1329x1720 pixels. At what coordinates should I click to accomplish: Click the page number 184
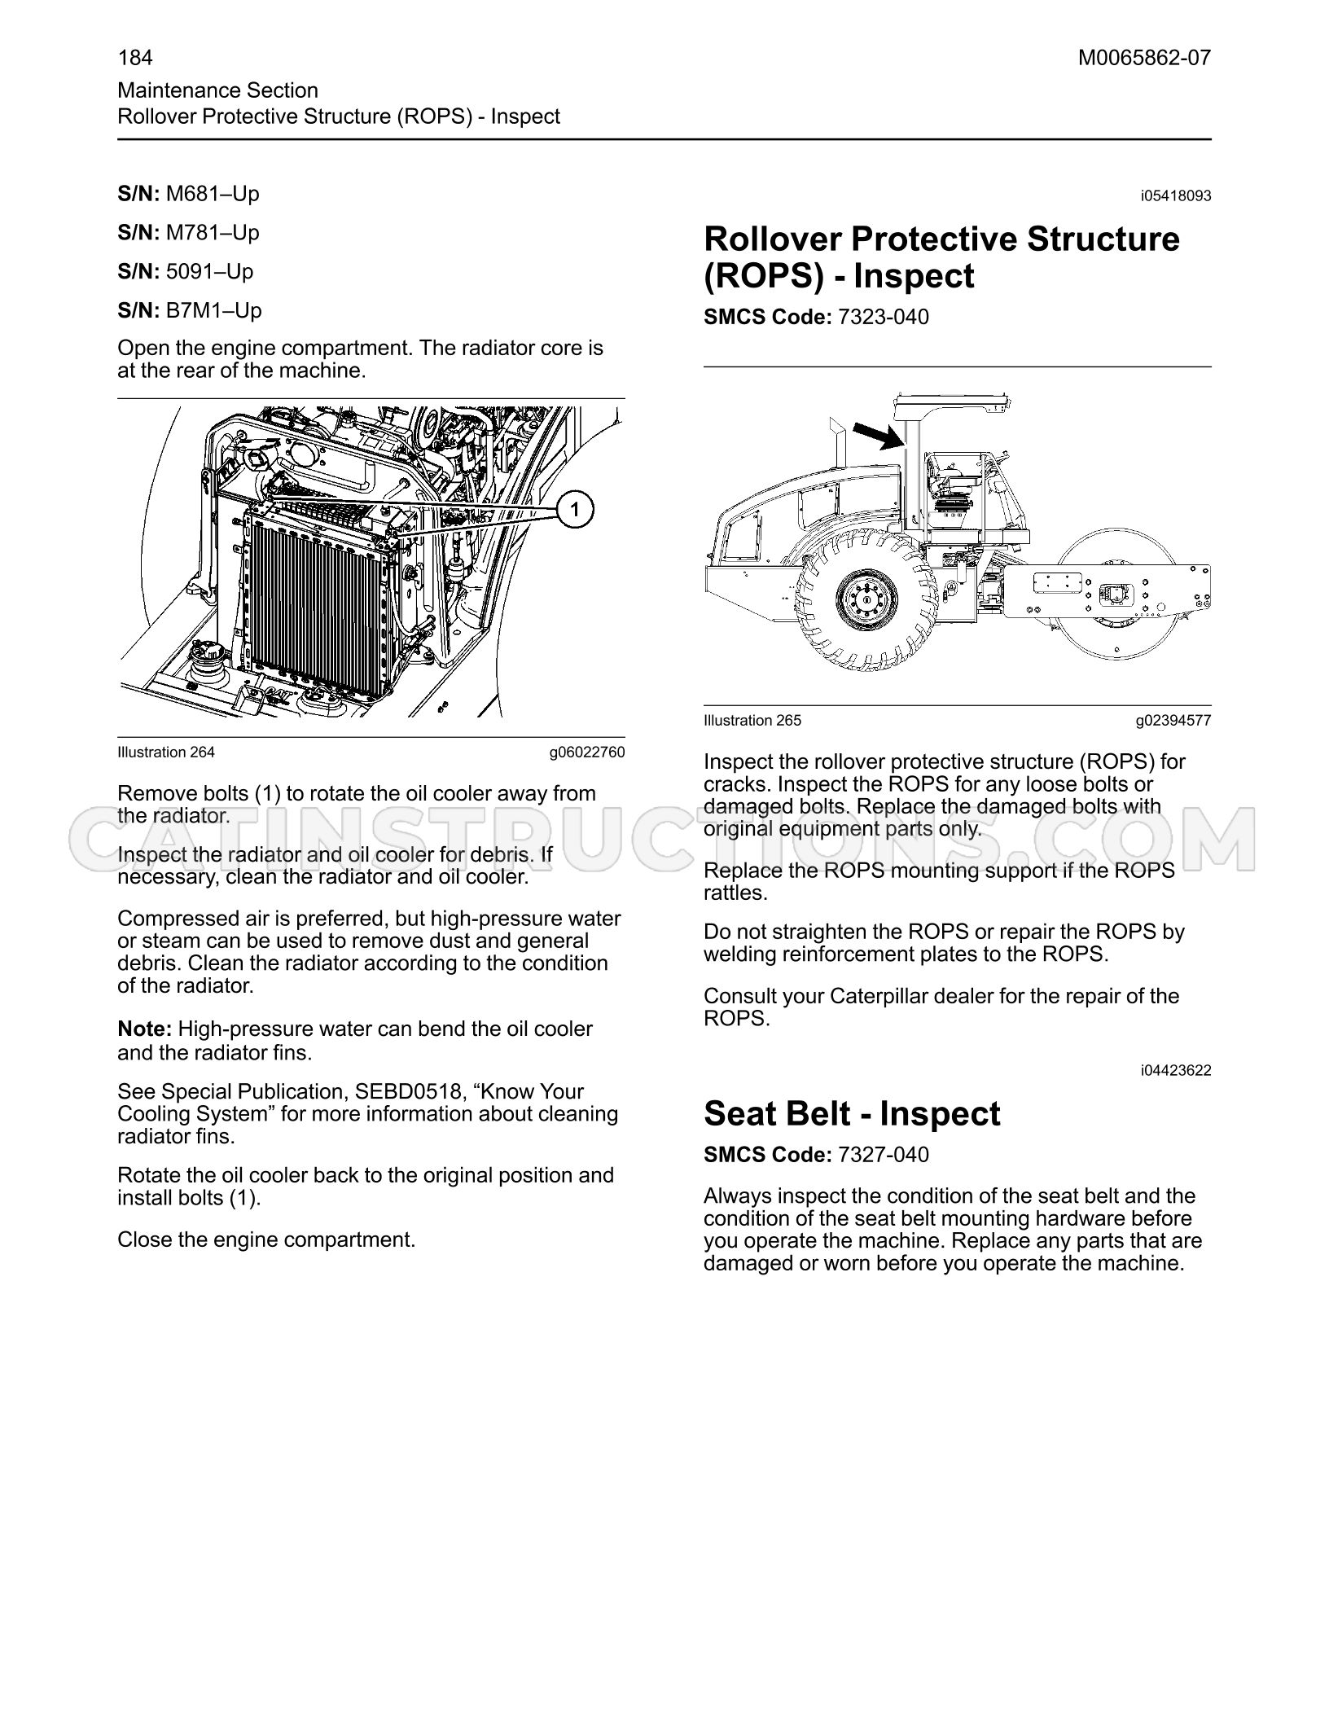[x=135, y=58]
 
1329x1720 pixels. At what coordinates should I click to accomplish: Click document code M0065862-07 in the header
[x=1144, y=58]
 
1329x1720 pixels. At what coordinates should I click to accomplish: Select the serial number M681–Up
[x=213, y=194]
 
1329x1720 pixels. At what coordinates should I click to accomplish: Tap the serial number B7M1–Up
[x=213, y=310]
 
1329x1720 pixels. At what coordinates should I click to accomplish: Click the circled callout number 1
[x=575, y=510]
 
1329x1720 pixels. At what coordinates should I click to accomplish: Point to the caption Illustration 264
[x=166, y=752]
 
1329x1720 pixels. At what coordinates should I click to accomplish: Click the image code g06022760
[x=587, y=752]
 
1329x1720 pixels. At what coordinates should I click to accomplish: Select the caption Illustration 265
[x=752, y=721]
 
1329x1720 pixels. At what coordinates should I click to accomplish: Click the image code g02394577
[x=1173, y=721]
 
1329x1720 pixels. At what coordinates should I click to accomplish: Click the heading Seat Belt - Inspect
[x=852, y=1113]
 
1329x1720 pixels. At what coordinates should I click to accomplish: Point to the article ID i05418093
[x=1176, y=196]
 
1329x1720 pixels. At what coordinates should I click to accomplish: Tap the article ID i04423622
[x=1176, y=1071]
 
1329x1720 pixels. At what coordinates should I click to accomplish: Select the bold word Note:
[x=144, y=1029]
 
